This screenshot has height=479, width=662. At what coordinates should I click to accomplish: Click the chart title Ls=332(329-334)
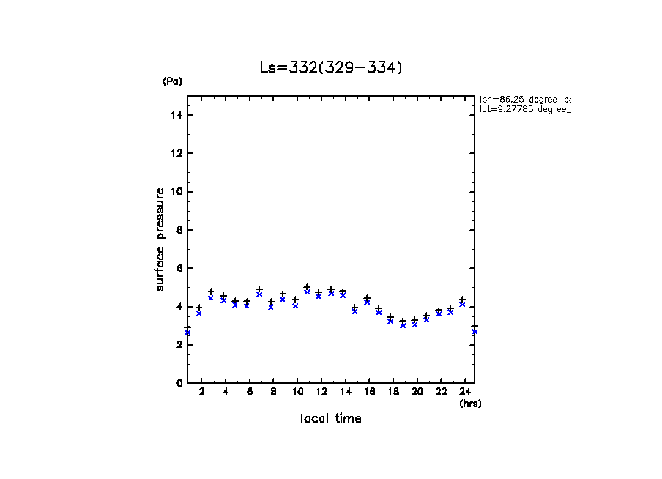coord(331,67)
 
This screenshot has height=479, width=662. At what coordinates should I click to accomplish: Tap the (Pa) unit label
coord(172,81)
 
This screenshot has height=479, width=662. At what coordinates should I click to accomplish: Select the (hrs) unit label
coord(470,404)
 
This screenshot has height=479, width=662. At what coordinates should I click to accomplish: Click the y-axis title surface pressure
coord(160,239)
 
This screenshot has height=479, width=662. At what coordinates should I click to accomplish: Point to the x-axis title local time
coord(331,419)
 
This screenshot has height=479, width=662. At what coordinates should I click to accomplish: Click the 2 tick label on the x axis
coord(201,393)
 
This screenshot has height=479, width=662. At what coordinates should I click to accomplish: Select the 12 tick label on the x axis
coord(321,393)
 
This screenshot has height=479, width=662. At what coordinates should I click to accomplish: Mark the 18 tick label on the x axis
coord(393,393)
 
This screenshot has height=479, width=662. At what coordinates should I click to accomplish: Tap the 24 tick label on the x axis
coord(465,393)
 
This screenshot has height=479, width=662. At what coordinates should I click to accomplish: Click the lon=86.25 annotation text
coord(524,99)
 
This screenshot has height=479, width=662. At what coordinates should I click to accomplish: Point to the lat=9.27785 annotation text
coord(524,109)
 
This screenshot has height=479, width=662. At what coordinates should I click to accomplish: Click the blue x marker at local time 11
coord(307,292)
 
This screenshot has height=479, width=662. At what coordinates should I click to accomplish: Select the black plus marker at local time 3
coord(211,292)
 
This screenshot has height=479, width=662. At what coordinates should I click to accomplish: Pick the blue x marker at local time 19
coord(403,325)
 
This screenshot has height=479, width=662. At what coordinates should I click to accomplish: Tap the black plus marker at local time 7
coord(259,289)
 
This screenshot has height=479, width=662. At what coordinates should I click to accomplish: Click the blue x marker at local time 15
coord(354,311)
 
